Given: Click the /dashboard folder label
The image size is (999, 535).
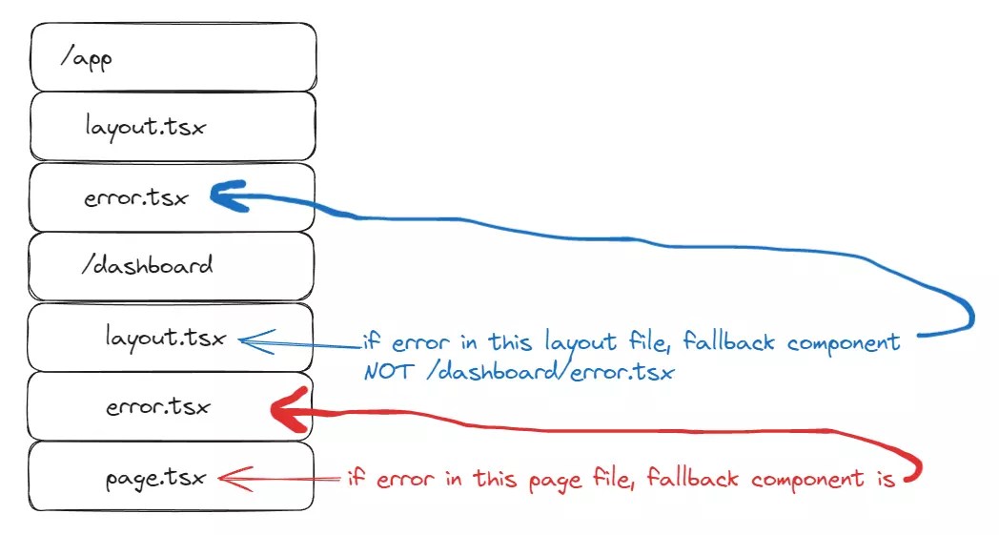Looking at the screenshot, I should pyautogui.click(x=147, y=264).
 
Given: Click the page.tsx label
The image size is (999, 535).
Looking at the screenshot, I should pyautogui.click(x=155, y=478).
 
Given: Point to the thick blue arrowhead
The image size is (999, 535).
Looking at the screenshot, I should pyautogui.click(x=221, y=195).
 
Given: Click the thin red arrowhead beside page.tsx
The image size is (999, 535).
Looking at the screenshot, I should pyautogui.click(x=227, y=477).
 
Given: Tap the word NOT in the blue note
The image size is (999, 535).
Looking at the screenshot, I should pyautogui.click(x=387, y=372).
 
